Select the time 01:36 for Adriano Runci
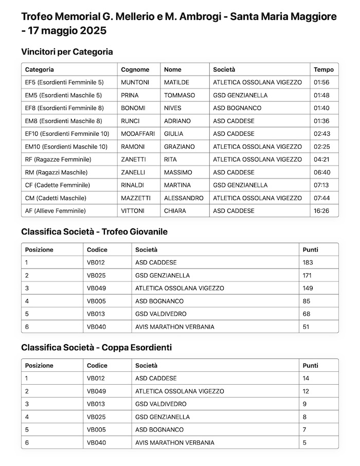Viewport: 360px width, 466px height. click(x=321, y=121)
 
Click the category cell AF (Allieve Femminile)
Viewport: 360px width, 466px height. click(x=55, y=211)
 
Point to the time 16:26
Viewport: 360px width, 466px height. click(x=321, y=211)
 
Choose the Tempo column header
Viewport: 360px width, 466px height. click(x=323, y=69)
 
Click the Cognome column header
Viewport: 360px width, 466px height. click(x=135, y=69)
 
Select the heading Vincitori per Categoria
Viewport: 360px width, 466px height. click(x=67, y=51)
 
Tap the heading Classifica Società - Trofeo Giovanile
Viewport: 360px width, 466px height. click(x=94, y=231)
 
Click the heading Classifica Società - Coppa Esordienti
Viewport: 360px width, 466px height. click(x=96, y=348)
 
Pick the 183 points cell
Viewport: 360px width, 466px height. click(x=308, y=262)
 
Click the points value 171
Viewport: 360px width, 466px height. click(x=307, y=275)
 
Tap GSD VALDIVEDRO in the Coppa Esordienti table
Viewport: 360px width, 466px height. click(x=160, y=404)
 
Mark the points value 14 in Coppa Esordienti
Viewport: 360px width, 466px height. click(x=305, y=379)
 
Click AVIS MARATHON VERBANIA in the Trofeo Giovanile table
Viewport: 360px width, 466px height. click(x=174, y=327)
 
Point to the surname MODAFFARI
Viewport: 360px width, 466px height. click(x=137, y=134)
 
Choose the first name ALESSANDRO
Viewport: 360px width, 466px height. click(x=184, y=198)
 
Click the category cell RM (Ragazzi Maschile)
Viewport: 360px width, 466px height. click(x=56, y=172)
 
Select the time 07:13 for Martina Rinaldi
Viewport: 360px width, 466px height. click(x=321, y=185)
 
